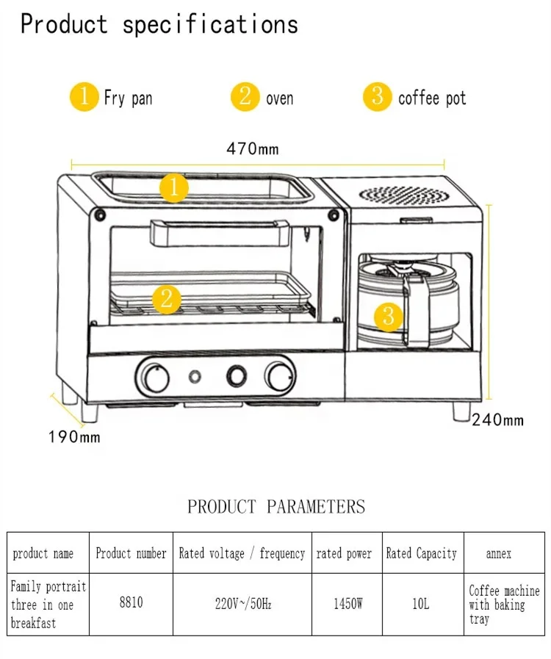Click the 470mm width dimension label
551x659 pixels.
[253, 149]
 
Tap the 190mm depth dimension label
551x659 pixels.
[74, 437]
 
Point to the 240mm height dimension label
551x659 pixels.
[497, 419]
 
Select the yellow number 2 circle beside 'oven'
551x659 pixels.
[245, 97]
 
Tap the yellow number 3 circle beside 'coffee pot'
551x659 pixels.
[378, 97]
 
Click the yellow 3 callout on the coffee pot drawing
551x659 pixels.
[389, 317]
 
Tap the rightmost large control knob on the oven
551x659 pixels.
[280, 376]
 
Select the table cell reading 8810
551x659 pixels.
[131, 603]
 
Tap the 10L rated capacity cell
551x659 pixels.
[421, 604]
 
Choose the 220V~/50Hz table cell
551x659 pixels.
[242, 604]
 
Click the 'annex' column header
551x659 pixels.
[499, 553]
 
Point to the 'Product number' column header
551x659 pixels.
[131, 553]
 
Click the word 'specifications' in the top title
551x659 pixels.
[210, 24]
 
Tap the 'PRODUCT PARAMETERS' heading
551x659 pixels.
[275, 506]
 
